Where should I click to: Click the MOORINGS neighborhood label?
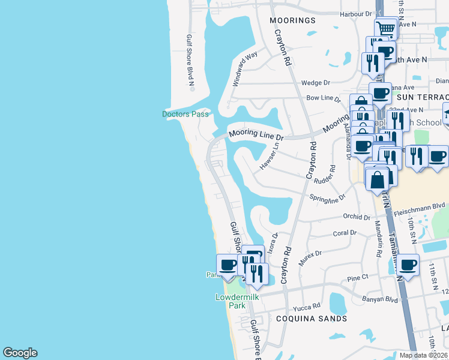pyautogui.click(x=292, y=20)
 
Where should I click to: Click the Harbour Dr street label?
pyautogui.click(x=356, y=14)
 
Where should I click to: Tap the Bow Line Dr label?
pyautogui.click(x=323, y=98)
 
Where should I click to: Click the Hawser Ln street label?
pyautogui.click(x=270, y=154)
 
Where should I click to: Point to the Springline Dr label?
pyautogui.click(x=328, y=197)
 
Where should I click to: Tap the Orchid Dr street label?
pyautogui.click(x=357, y=217)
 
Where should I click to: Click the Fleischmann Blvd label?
pyautogui.click(x=420, y=206)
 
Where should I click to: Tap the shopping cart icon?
pyautogui.click(x=386, y=28)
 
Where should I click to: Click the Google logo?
pyautogui.click(x=20, y=353)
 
